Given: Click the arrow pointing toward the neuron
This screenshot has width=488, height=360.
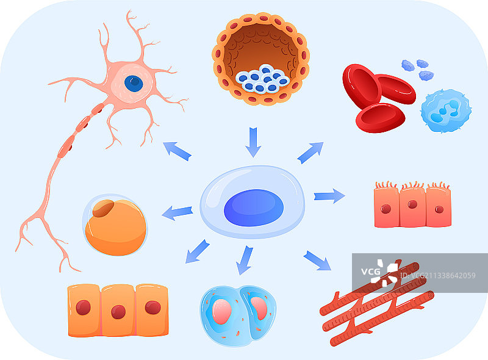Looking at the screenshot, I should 177,151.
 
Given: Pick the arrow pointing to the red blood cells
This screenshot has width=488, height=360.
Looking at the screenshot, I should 310,153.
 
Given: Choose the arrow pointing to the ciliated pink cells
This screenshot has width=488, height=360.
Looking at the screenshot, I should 329,196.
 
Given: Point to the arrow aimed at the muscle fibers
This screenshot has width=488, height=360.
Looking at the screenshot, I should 317,261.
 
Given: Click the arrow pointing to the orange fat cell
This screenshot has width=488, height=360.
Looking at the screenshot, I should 178,213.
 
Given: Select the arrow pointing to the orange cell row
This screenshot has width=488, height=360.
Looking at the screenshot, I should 197,251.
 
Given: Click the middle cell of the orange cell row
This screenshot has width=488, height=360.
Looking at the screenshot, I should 118,310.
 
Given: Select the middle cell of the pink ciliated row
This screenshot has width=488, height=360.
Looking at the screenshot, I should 412,206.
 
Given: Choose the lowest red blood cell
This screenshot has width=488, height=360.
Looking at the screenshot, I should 379,117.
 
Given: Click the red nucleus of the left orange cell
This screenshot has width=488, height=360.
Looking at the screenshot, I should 84,308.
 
